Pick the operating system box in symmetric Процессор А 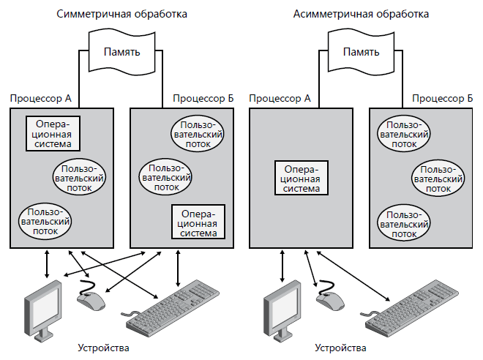[53, 133]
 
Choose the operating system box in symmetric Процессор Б [198, 222]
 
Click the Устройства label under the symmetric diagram [102, 348]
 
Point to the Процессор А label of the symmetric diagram [40, 98]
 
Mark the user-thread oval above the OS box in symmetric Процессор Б [166, 176]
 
